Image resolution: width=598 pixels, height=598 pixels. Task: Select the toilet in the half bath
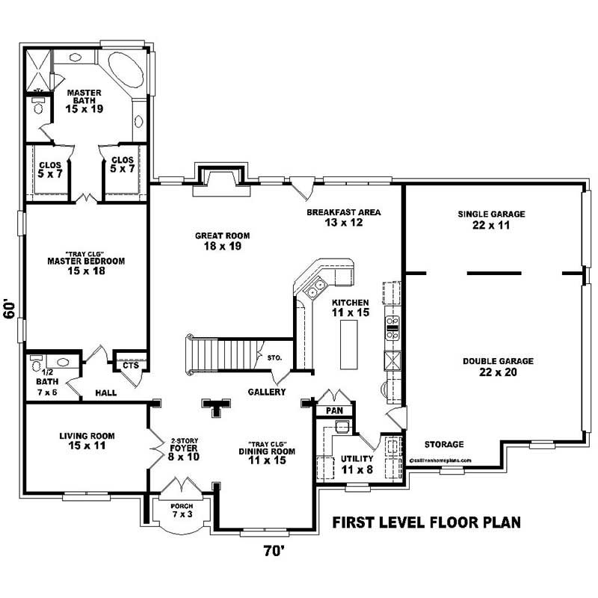tap(37, 365)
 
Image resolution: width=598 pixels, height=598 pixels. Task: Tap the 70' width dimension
tap(274, 551)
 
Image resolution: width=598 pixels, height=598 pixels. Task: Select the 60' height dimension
tap(10, 309)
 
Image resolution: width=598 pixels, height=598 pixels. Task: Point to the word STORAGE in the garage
tap(444, 444)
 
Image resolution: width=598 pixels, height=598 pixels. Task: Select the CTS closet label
tap(130, 366)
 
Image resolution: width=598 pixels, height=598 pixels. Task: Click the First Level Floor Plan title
tap(426, 521)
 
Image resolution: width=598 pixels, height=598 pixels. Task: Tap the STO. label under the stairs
tap(274, 358)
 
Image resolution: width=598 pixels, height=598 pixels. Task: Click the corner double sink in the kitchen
tap(317, 286)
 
